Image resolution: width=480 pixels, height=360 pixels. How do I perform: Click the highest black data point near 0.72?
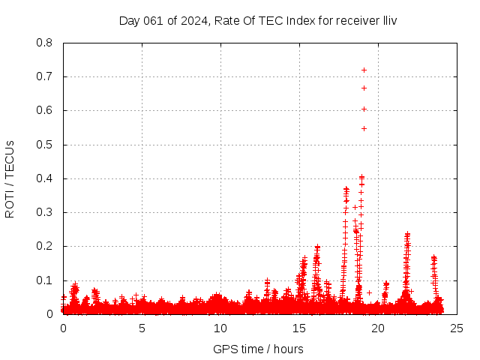364,70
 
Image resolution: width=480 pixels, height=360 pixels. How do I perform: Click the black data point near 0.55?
364,128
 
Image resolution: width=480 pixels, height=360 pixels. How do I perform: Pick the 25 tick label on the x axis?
456,328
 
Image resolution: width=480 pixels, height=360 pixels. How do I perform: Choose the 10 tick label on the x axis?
220,328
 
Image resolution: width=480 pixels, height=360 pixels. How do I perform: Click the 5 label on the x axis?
142,328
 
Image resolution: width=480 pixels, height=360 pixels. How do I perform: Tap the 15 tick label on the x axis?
299,328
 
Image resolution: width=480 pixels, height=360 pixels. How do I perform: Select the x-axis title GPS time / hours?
258,349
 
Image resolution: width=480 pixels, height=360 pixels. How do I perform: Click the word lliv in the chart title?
388,20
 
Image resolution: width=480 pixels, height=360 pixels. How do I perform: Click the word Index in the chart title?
293,20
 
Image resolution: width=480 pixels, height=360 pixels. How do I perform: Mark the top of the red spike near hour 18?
346,188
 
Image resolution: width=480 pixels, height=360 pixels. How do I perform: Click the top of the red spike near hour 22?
407,234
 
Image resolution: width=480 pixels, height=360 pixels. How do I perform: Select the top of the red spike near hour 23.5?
433,257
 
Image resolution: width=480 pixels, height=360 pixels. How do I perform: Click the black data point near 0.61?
364,109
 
